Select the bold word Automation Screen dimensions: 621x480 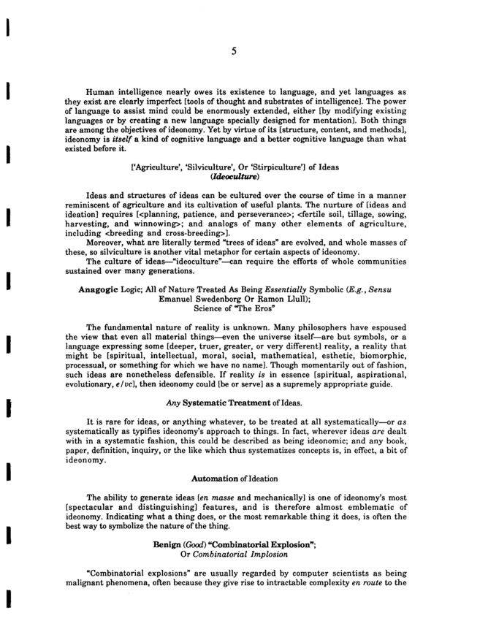pyautogui.click(x=216, y=498)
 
